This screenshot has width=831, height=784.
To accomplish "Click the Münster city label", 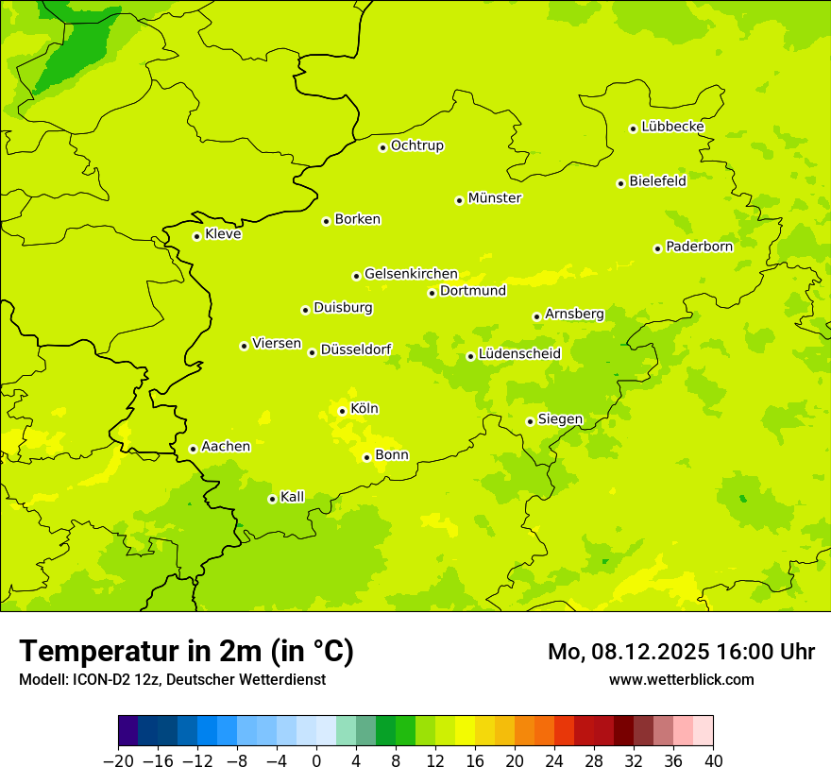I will pyautogui.click(x=494, y=198).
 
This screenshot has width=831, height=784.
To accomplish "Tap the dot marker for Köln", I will pyautogui.click(x=342, y=411).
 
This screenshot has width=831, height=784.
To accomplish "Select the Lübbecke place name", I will pyautogui.click(x=672, y=127).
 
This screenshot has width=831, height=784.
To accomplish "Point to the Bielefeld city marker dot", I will pyautogui.click(x=620, y=183).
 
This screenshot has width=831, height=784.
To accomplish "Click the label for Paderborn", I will pyautogui.click(x=699, y=247).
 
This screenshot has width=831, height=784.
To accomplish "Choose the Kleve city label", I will pyautogui.click(x=223, y=234).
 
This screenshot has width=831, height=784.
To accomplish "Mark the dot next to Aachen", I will pyautogui.click(x=193, y=449).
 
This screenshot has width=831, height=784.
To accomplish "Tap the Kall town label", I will pyautogui.click(x=292, y=497).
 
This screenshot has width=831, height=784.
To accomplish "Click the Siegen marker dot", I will pyautogui.click(x=530, y=421).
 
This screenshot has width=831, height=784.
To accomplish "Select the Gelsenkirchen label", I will pyautogui.click(x=411, y=274).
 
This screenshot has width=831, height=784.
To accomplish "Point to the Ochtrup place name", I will pyautogui.click(x=416, y=145).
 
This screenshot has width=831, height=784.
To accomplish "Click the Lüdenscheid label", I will pyautogui.click(x=519, y=354).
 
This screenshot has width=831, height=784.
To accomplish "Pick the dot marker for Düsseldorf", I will pyautogui.click(x=312, y=352).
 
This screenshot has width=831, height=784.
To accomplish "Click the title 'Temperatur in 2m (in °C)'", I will pyautogui.click(x=186, y=651).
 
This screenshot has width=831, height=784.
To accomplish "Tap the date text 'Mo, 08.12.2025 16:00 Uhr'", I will pyautogui.click(x=681, y=652).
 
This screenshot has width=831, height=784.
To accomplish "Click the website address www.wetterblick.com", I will pyautogui.click(x=681, y=679).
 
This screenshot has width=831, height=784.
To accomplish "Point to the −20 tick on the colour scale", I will pyautogui.click(x=118, y=761).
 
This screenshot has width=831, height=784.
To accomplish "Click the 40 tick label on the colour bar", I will pyautogui.click(x=713, y=761).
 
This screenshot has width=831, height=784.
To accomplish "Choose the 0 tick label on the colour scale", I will pyautogui.click(x=316, y=761).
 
